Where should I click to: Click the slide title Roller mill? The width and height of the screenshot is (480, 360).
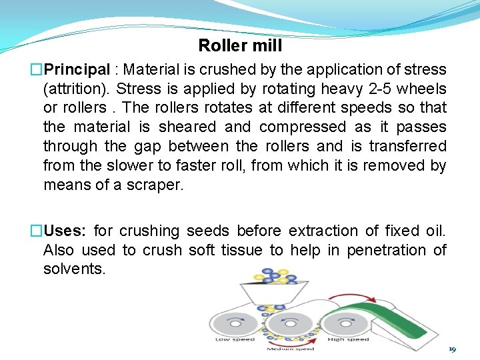240,46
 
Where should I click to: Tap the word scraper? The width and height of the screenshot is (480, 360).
155,185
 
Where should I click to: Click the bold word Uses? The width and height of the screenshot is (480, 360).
65,231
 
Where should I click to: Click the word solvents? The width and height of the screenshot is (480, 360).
74,269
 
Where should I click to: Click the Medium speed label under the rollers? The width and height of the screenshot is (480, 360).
291,349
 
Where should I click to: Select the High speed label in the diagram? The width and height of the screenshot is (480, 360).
348,340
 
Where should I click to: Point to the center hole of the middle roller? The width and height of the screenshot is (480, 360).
290,323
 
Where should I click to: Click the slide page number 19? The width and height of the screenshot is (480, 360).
452,349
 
